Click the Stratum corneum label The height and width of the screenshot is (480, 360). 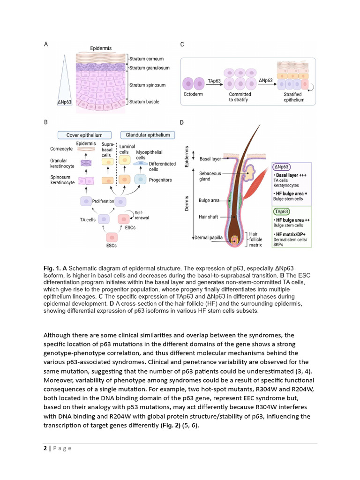147,59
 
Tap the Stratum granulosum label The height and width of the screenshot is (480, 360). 149,68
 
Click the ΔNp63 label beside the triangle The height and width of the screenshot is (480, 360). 64,102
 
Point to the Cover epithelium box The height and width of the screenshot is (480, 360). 84,135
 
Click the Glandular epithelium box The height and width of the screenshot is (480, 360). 148,135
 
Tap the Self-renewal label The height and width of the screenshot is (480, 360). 142,216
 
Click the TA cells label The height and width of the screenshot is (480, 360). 89,219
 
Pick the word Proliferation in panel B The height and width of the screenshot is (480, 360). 103,201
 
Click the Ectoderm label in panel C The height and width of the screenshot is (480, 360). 193,94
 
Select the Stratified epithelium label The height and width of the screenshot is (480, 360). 294,97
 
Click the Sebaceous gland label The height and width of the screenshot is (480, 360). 210,176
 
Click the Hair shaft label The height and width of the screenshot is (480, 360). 209,217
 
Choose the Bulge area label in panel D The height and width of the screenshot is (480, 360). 209,201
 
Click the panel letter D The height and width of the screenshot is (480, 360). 182,123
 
